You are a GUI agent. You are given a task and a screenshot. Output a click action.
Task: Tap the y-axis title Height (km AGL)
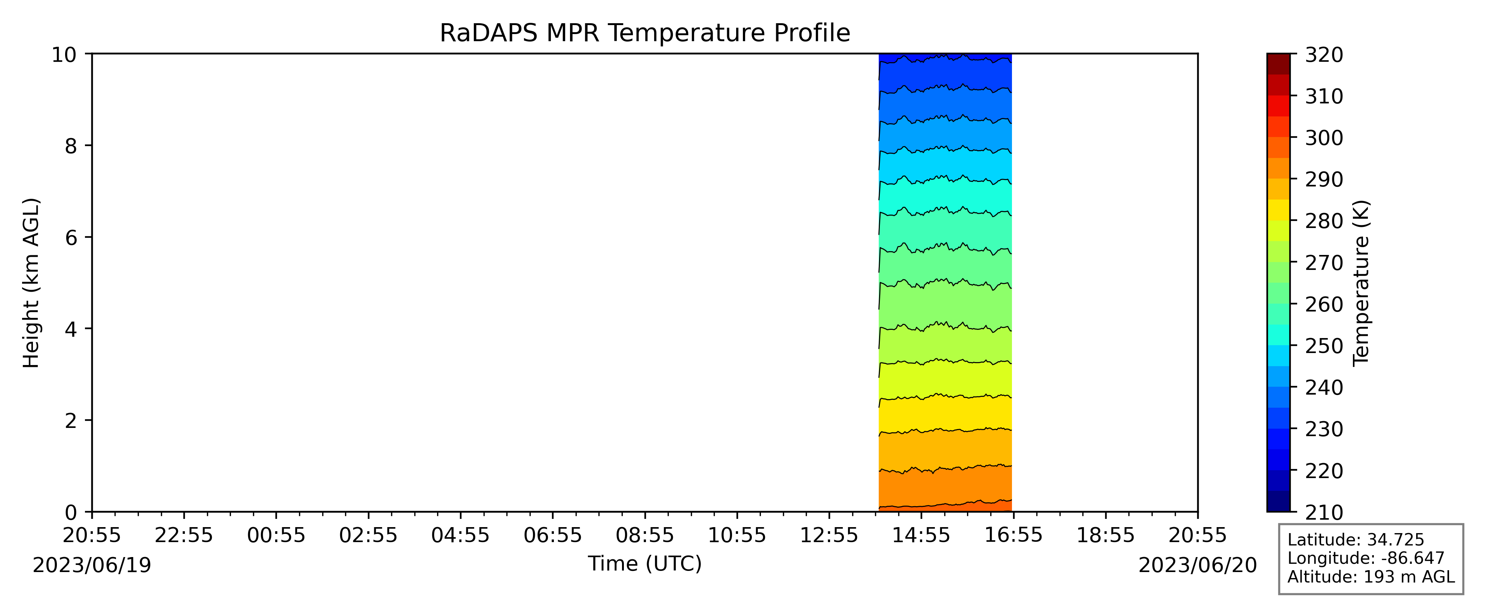[31, 283]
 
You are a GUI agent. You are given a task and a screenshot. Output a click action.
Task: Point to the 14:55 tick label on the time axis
[921, 535]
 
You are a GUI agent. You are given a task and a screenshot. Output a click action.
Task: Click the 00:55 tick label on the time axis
[276, 535]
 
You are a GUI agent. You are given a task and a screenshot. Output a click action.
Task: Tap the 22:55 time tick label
[184, 535]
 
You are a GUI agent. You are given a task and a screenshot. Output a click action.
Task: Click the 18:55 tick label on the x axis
[1105, 535]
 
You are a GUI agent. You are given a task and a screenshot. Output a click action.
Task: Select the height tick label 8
[71, 146]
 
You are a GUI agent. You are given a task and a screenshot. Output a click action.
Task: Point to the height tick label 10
[64, 55]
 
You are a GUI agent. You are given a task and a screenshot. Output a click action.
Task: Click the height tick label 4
[71, 329]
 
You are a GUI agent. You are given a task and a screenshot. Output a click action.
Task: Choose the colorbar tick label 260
[1324, 304]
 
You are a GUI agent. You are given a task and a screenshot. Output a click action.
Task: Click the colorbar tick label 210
[1324, 513]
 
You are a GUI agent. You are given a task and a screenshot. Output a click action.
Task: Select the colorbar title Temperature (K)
[1361, 283]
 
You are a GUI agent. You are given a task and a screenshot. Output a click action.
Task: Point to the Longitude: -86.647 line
[1366, 558]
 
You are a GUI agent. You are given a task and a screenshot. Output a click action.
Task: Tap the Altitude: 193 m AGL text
[1371, 577]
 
